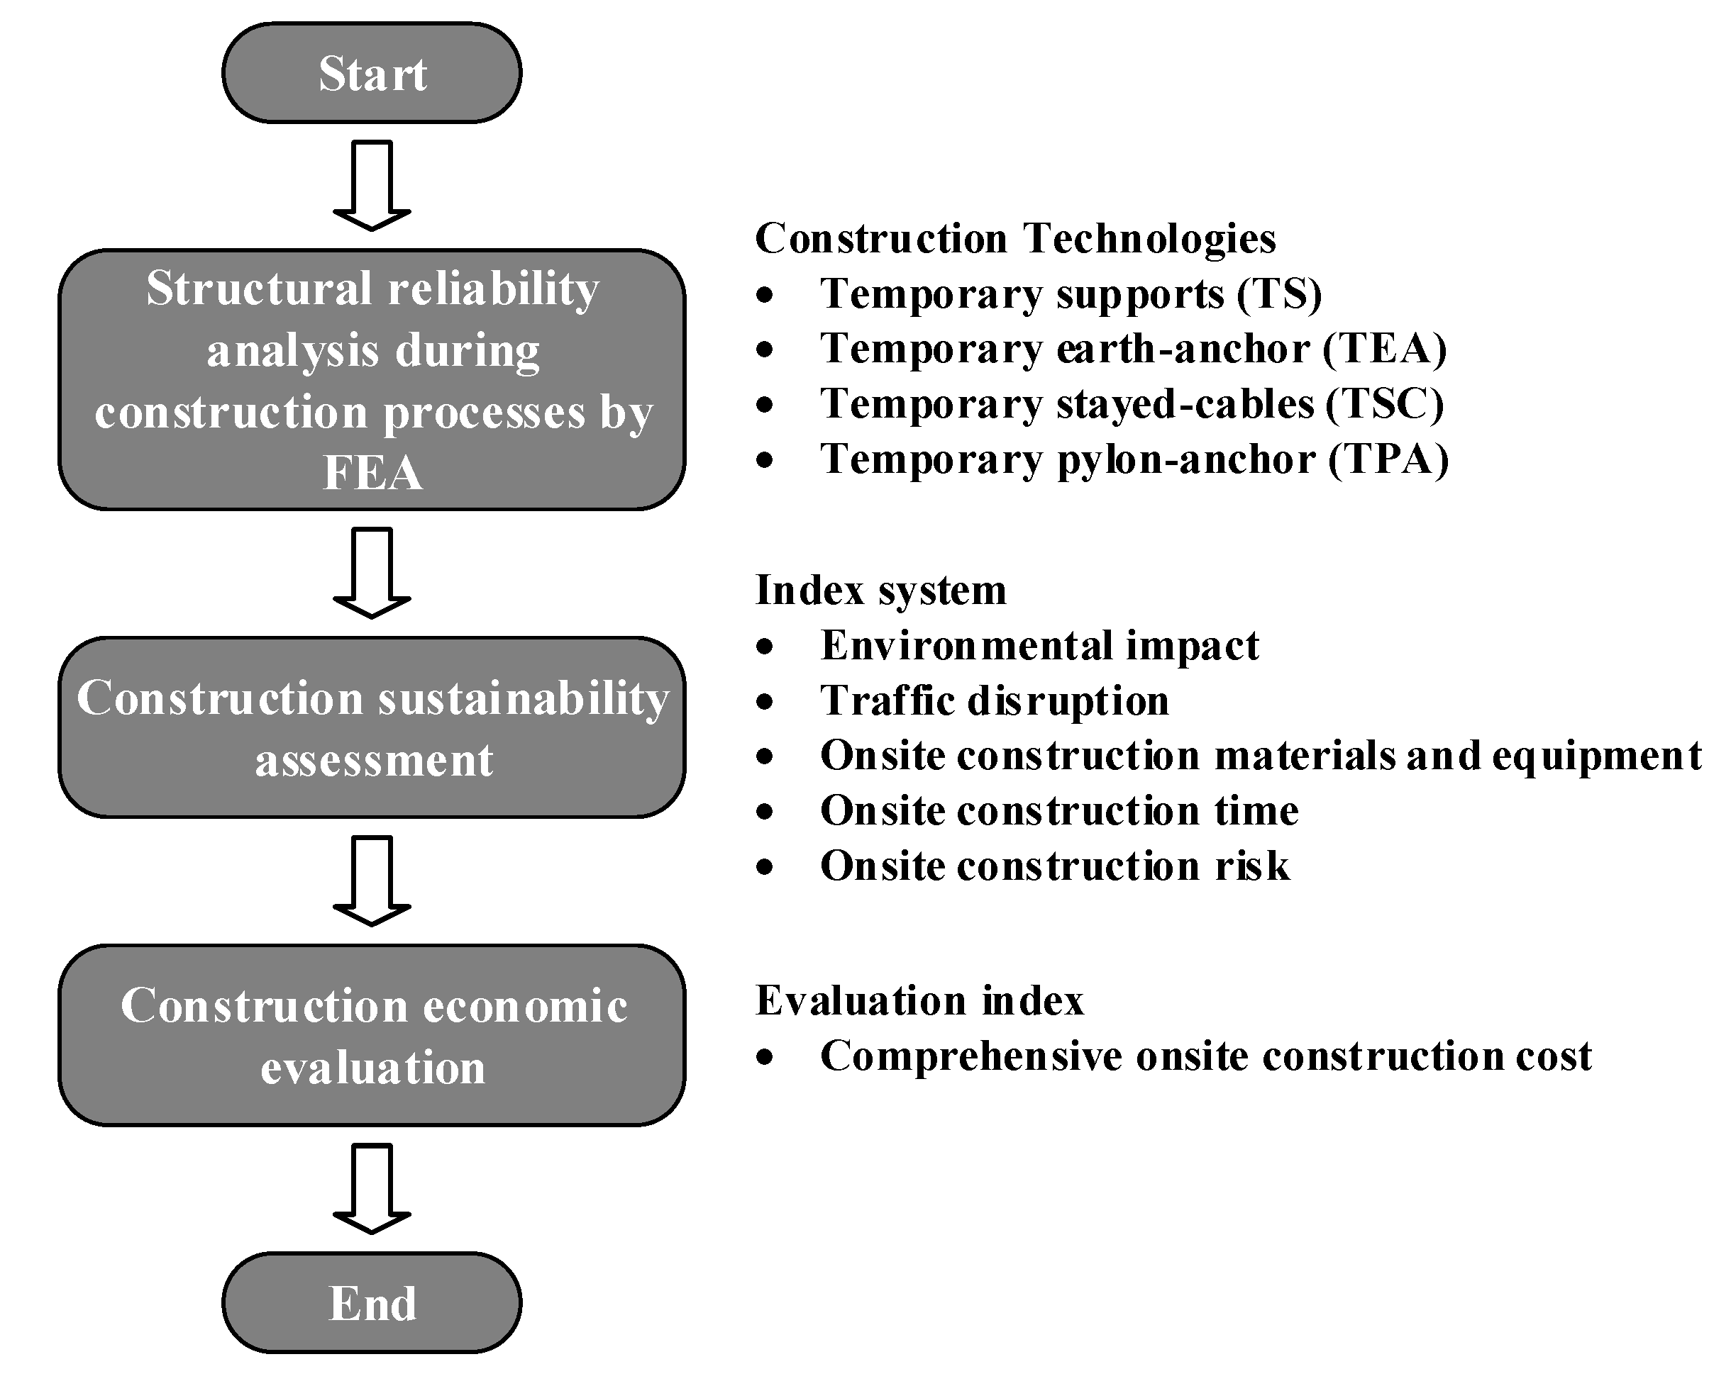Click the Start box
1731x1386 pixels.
pyautogui.click(x=372, y=73)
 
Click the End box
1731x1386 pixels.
pyautogui.click(x=372, y=1302)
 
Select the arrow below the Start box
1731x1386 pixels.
pyautogui.click(x=372, y=185)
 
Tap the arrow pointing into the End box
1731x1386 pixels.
pyautogui.click(x=372, y=1187)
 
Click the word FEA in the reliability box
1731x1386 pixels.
pyautogui.click(x=372, y=472)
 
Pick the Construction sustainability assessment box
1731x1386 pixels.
pyautogui.click(x=372, y=727)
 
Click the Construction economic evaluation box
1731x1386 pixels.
pyautogui.click(x=372, y=1035)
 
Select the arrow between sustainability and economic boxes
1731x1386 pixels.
pyautogui.click(x=372, y=881)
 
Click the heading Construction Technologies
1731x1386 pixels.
pyautogui.click(x=1015, y=238)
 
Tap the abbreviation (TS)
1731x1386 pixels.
pyautogui.click(x=1279, y=294)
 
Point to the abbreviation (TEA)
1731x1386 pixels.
pyautogui.click(x=1384, y=349)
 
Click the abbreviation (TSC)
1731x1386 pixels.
pyautogui.click(x=1384, y=403)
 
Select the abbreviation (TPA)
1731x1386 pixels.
pyautogui.click(x=1388, y=459)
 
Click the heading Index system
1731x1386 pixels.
pyautogui.click(x=880, y=591)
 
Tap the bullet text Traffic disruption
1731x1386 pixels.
pyautogui.click(x=994, y=700)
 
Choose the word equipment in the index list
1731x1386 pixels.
pyautogui.click(x=1596, y=756)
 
